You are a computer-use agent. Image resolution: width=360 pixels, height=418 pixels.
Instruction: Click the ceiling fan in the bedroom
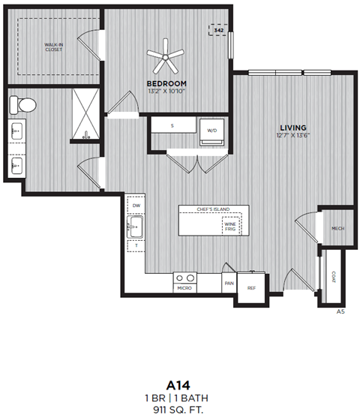[x=165, y=54]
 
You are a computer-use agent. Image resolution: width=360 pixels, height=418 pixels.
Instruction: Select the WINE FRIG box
[x=229, y=225]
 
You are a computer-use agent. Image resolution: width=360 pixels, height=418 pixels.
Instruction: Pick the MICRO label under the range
[x=184, y=288]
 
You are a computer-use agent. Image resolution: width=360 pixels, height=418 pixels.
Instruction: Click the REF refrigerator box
[x=252, y=287]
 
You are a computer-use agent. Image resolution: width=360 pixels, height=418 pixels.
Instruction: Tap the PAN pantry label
[x=229, y=284]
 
